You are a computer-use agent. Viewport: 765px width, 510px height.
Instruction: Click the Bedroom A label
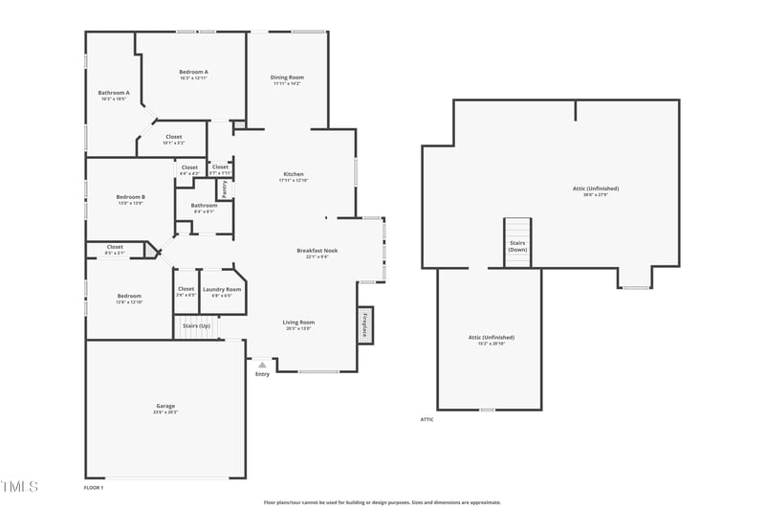click(x=193, y=72)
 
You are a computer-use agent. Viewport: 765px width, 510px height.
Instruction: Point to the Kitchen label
click(x=293, y=174)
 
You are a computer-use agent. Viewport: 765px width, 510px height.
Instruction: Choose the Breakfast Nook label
click(x=317, y=251)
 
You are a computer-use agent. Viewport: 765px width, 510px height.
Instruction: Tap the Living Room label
click(x=298, y=322)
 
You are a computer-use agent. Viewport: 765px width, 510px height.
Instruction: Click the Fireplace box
click(x=364, y=325)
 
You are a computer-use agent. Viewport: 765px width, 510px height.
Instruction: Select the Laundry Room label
click(x=222, y=289)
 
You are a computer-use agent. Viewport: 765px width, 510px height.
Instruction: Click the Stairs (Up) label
click(x=197, y=326)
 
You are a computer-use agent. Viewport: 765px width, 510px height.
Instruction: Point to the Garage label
click(x=165, y=407)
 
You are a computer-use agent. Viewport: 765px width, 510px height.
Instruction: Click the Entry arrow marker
click(x=262, y=365)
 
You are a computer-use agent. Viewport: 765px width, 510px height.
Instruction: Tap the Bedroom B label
click(x=131, y=197)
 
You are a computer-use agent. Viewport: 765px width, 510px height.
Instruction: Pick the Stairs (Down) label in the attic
click(x=517, y=245)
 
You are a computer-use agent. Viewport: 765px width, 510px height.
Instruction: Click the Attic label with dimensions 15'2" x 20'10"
click(x=491, y=338)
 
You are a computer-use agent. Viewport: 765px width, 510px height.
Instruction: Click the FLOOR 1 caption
click(x=94, y=488)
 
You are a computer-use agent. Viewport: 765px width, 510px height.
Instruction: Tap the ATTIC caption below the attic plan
click(x=426, y=419)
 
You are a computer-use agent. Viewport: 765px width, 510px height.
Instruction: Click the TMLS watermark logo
click(x=19, y=487)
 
